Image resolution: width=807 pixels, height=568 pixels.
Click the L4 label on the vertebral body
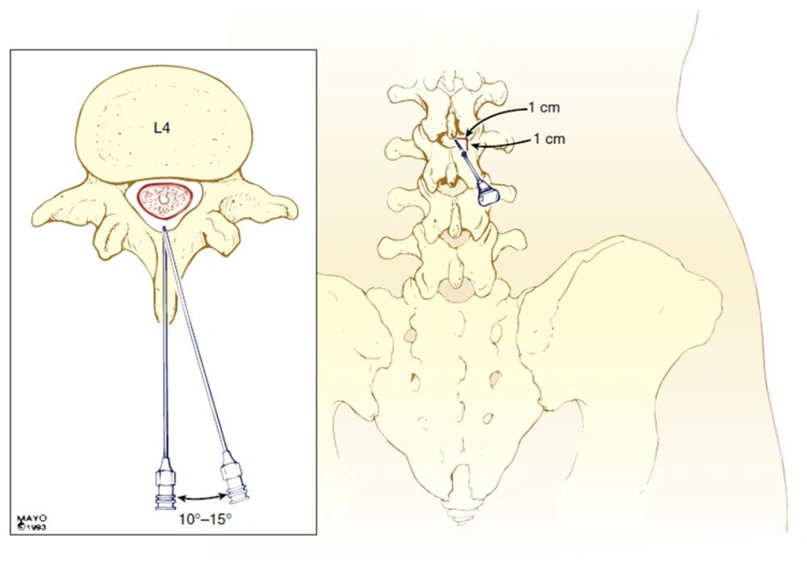tap(162, 127)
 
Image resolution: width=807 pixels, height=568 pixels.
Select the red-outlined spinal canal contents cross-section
tap(164, 199)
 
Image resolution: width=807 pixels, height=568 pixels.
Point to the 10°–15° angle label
tap(205, 519)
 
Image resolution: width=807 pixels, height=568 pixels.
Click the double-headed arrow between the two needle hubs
tap(201, 498)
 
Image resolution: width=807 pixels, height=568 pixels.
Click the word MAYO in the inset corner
tap(32, 519)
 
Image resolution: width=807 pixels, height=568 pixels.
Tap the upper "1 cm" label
tap(544, 107)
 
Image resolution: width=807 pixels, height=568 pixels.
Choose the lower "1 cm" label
tap(549, 139)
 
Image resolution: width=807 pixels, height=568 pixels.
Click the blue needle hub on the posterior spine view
tap(487, 194)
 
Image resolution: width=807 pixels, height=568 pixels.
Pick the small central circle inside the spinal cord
tap(164, 198)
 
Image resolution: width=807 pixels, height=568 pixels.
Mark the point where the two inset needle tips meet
tap(164, 228)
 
